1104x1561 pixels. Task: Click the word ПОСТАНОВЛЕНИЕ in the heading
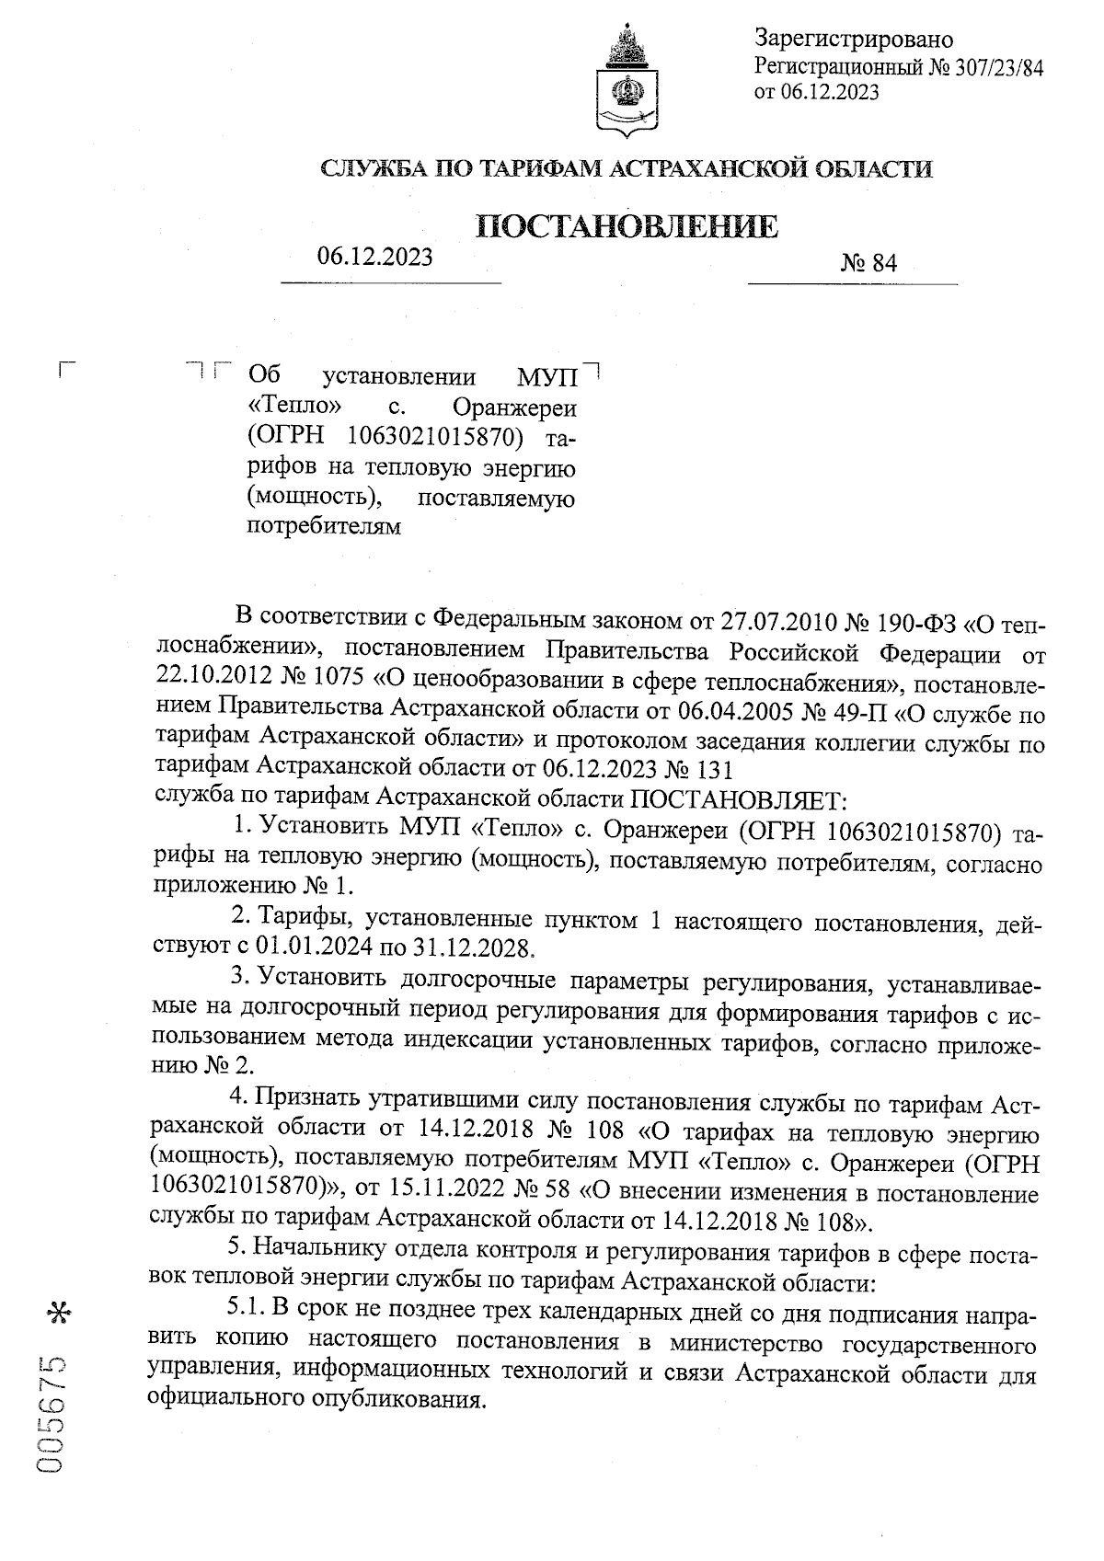[627, 226]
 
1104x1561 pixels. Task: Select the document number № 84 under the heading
[868, 264]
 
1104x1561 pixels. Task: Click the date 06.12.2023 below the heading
[374, 258]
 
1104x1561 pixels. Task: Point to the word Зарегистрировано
[853, 40]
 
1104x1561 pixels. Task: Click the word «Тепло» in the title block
[296, 406]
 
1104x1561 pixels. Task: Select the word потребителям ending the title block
[325, 528]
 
